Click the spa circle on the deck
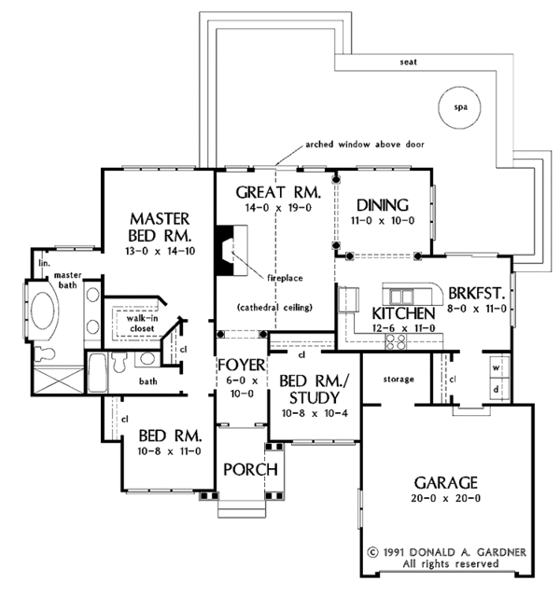pyautogui.click(x=458, y=106)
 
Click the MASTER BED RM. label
pyautogui.click(x=161, y=224)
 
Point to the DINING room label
pyautogui.click(x=383, y=206)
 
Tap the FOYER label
pyautogui.click(x=243, y=363)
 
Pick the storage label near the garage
pyautogui.click(x=399, y=380)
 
